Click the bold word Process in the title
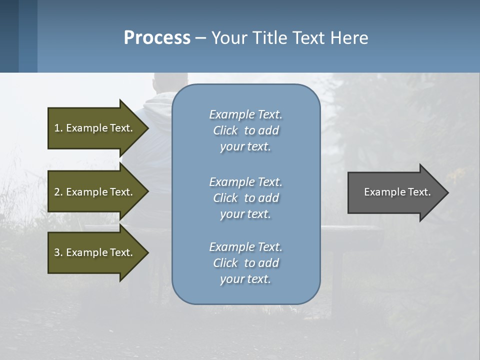(157, 38)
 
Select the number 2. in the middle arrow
(58, 192)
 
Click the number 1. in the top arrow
(58, 128)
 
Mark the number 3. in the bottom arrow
(58, 252)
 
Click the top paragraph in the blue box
(245, 130)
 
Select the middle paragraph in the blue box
(245, 198)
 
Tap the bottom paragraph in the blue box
(245, 263)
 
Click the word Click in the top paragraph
(225, 130)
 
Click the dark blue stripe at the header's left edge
(9, 36)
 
